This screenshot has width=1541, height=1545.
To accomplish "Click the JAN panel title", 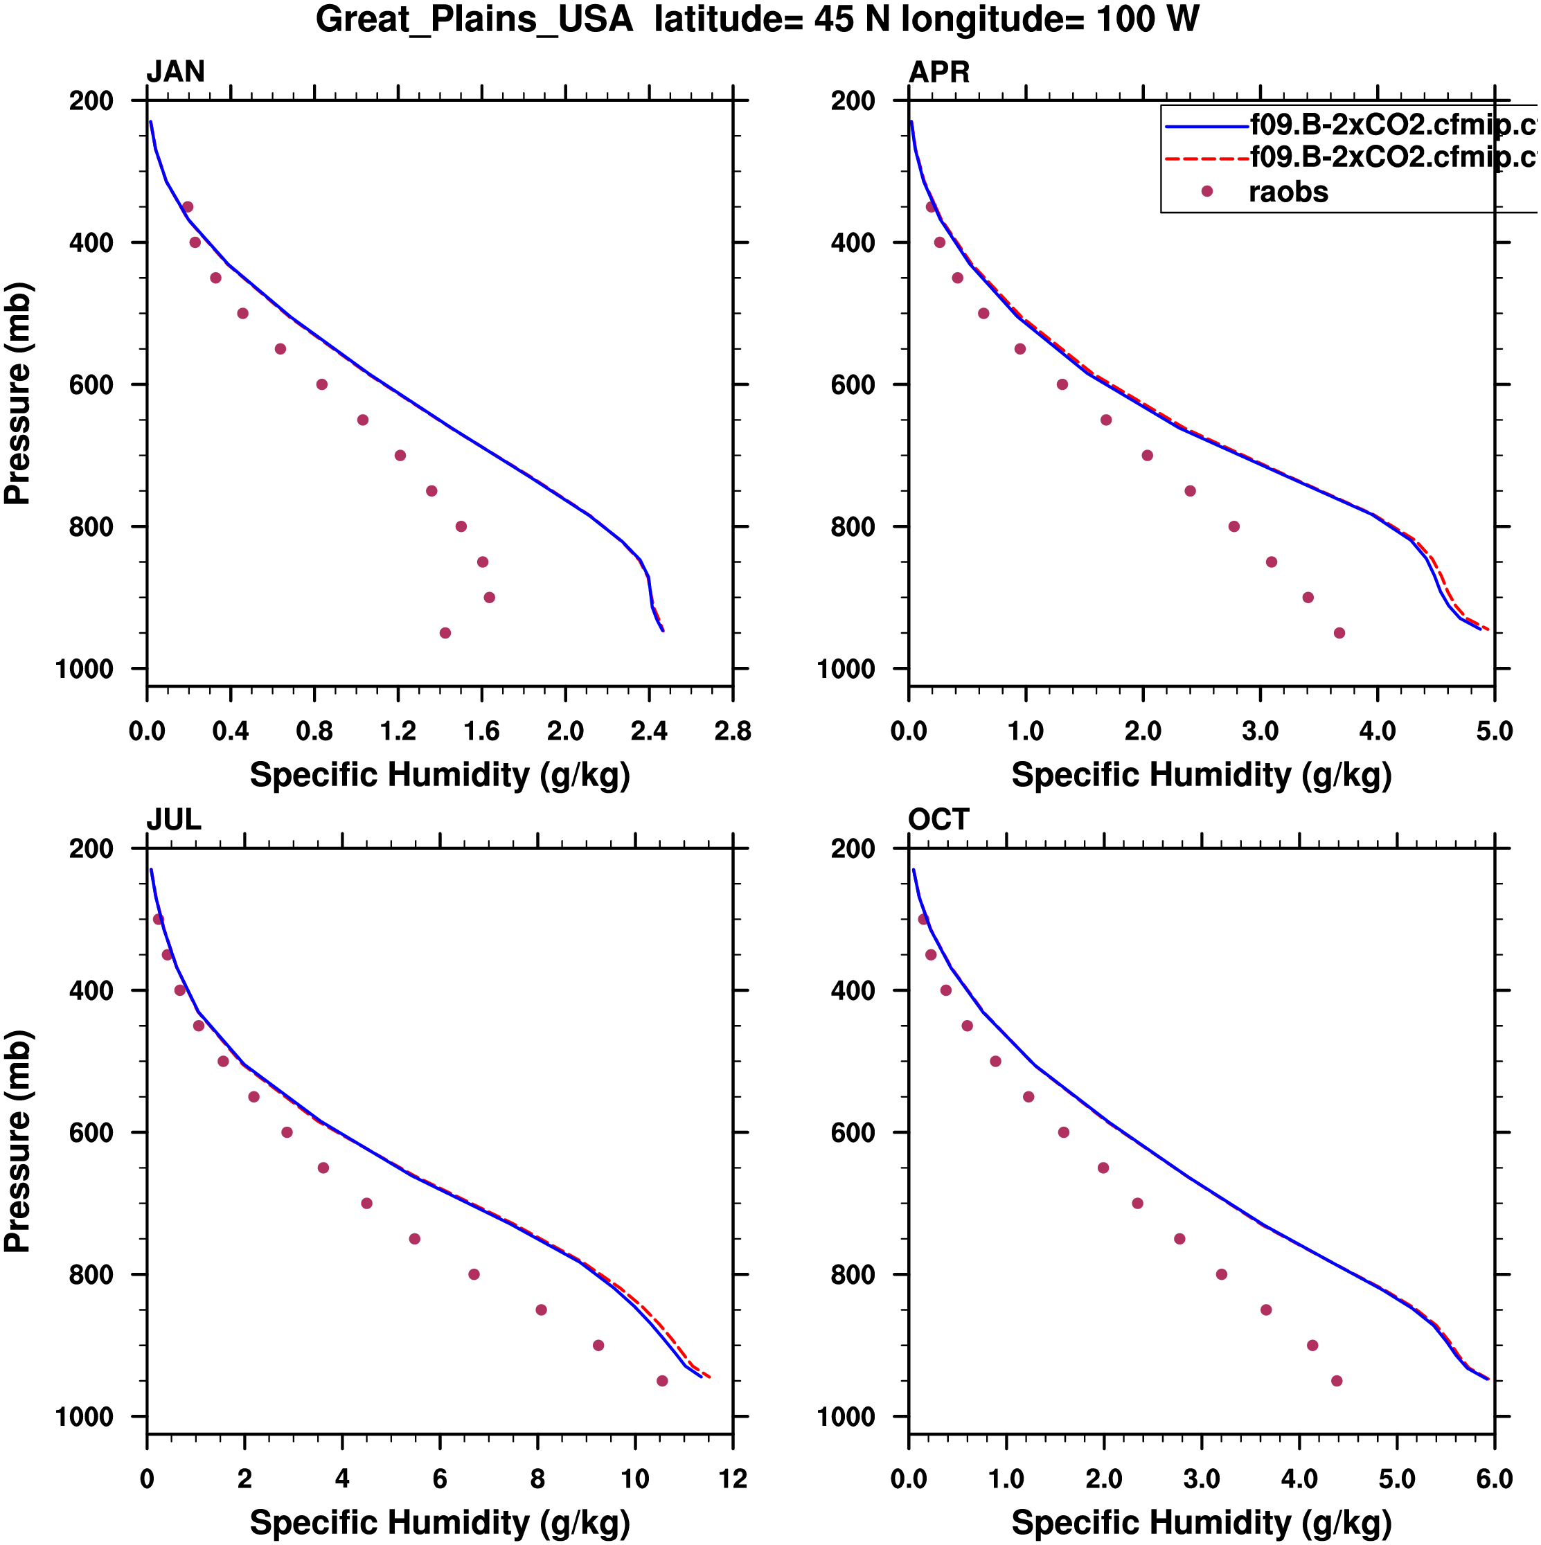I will tap(175, 72).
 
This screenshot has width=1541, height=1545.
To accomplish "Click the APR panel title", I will tap(939, 72).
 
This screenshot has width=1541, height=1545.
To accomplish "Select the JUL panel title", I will tap(174, 820).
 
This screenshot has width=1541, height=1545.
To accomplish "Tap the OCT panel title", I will tap(938, 820).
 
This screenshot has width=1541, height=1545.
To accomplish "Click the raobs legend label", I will tap(1288, 192).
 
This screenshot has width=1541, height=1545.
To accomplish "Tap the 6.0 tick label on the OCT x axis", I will tap(1494, 1479).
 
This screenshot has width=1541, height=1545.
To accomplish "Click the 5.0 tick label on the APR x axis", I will tap(1494, 731).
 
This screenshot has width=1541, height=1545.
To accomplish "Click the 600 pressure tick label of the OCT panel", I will tap(853, 1133).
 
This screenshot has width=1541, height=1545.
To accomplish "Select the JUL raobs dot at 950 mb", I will tap(662, 1381).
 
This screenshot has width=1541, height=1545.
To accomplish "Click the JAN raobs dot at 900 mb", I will tap(490, 598).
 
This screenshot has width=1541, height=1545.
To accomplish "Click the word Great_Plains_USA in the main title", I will tap(474, 19).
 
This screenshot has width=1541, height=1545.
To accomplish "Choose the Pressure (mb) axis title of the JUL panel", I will tap(17, 1141).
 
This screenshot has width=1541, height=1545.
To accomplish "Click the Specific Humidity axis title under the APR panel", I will tap(1201, 775).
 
